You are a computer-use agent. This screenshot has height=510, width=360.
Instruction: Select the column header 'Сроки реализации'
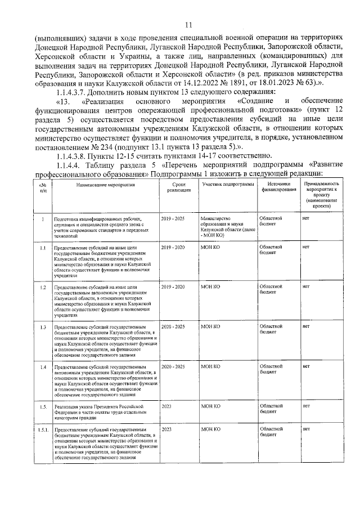[179, 187]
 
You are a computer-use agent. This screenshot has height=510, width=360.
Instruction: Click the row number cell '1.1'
[42, 247]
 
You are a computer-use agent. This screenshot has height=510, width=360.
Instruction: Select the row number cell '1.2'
[42, 287]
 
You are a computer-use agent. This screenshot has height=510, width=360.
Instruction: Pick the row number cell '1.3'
[42, 327]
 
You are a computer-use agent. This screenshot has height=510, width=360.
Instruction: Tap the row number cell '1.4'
[42, 367]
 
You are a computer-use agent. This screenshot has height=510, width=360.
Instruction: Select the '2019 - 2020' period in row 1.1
[172, 247]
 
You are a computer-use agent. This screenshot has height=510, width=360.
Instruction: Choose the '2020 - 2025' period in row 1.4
[172, 367]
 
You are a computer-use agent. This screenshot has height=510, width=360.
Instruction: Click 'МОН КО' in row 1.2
[210, 287]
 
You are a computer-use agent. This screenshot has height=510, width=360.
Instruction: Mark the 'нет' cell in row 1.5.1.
[306, 430]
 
